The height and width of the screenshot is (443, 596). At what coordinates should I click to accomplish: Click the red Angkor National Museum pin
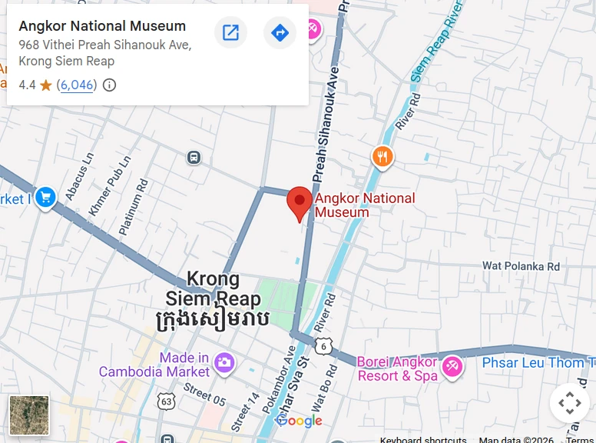300,201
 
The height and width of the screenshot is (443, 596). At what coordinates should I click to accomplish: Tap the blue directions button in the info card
280,33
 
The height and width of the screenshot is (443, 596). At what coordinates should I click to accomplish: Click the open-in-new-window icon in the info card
230,33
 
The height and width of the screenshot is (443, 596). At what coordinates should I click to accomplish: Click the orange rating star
46,85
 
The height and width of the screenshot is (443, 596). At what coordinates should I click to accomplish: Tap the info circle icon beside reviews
110,85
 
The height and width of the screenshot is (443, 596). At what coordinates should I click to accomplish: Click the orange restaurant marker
382,158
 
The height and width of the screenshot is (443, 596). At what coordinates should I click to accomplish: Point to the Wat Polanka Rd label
521,266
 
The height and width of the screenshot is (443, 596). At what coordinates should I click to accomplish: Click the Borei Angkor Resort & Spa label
396,369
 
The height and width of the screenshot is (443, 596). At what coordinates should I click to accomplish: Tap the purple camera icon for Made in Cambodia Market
224,361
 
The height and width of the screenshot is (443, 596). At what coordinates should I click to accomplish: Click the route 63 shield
166,401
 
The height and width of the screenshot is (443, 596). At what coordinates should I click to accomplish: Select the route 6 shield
323,346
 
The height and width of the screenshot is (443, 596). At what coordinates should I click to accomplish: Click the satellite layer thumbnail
29,415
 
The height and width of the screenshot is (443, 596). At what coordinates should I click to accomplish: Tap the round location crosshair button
569,402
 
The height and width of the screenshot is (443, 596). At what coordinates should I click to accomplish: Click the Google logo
299,421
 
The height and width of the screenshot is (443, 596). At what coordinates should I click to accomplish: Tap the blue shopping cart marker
45,198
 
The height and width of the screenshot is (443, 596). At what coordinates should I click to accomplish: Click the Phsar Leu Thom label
538,363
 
